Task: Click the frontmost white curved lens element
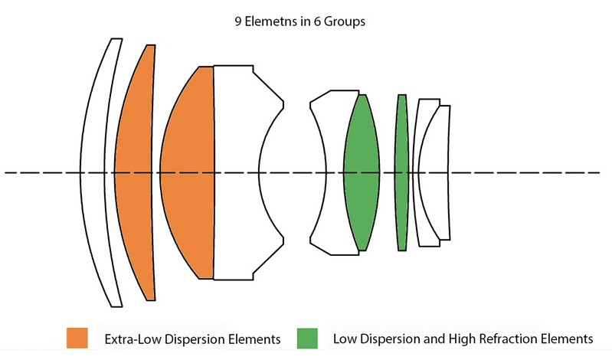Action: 93,172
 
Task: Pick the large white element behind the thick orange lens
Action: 236,172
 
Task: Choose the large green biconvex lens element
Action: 362,172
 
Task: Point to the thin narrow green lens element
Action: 401,172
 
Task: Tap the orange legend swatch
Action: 77,338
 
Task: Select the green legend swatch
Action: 307,338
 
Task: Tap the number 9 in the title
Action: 238,21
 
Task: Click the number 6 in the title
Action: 317,21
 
